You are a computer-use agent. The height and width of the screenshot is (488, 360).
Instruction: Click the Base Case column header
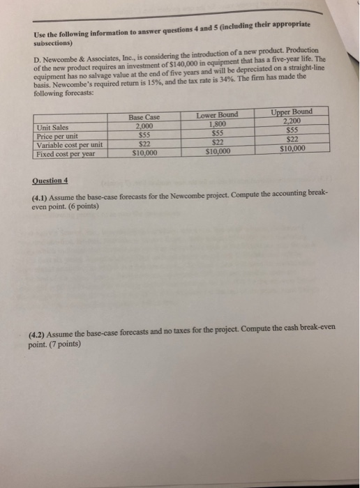pyautogui.click(x=146, y=119)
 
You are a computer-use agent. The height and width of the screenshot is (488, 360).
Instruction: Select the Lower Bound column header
pyautogui.click(x=217, y=114)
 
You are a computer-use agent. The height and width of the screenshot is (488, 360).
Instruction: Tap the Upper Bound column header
pyautogui.click(x=292, y=112)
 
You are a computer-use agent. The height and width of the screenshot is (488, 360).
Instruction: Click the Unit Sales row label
pyautogui.click(x=54, y=127)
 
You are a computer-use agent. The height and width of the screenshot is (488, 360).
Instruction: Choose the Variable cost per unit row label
pyautogui.click(x=70, y=144)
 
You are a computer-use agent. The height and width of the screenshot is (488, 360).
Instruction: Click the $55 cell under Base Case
pyautogui.click(x=146, y=135)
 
